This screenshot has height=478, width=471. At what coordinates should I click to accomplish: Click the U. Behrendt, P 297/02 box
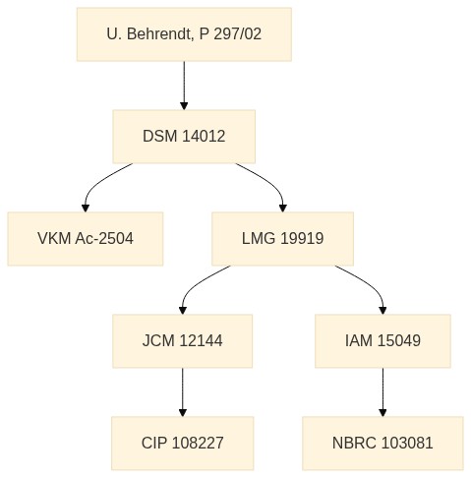click(184, 34)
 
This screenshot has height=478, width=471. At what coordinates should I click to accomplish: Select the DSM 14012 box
click(184, 137)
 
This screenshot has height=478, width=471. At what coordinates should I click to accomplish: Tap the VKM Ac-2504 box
click(86, 239)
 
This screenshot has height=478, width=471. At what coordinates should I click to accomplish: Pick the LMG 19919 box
click(282, 239)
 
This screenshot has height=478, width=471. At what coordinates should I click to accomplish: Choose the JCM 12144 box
click(183, 341)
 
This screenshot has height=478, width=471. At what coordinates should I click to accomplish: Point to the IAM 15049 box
click(383, 341)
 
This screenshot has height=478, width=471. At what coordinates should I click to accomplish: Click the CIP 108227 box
click(183, 444)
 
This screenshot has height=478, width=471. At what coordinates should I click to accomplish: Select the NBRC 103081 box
click(383, 444)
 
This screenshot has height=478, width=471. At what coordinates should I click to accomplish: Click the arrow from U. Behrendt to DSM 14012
click(184, 86)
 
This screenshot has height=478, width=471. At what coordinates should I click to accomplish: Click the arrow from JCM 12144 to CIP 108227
click(183, 392)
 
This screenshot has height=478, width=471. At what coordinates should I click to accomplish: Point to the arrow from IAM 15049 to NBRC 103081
click(383, 392)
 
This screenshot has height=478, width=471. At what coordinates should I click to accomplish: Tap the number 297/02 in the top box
click(238, 34)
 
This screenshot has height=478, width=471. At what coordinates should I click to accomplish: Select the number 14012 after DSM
click(204, 137)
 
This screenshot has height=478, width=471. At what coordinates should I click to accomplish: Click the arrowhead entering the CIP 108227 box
click(183, 413)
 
